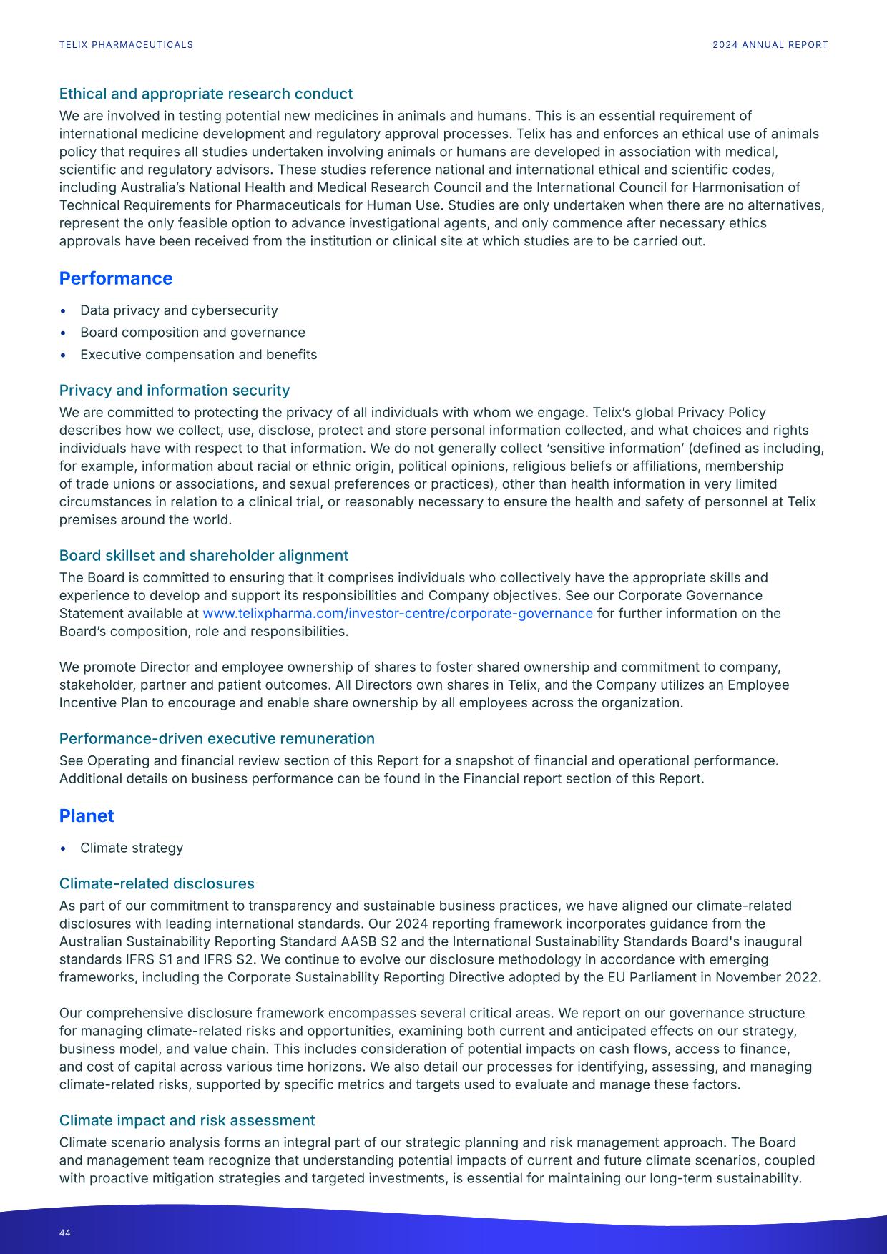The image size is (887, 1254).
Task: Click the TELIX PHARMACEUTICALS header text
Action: (126, 45)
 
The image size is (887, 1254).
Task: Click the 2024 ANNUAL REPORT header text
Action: (770, 45)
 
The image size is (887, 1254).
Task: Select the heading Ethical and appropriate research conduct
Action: (205, 94)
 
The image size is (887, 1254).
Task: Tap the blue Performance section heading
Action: (115, 278)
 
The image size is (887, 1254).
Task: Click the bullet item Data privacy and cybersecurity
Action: (179, 310)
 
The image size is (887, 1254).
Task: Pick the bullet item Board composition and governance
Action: (192, 333)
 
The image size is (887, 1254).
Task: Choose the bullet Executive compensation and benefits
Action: (198, 355)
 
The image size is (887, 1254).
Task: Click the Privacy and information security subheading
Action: (174, 390)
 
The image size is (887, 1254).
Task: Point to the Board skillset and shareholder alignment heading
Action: (203, 555)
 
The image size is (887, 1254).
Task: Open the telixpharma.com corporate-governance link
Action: (397, 613)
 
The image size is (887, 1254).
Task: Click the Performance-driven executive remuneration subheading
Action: (217, 738)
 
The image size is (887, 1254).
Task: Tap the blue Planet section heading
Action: (86, 815)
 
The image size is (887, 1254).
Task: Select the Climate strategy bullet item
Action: (132, 848)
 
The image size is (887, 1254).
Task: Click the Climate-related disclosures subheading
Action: (157, 883)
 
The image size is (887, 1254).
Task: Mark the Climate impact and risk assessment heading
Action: (187, 1120)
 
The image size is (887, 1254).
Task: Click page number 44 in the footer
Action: (65, 1233)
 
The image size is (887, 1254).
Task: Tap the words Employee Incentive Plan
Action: (758, 685)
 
